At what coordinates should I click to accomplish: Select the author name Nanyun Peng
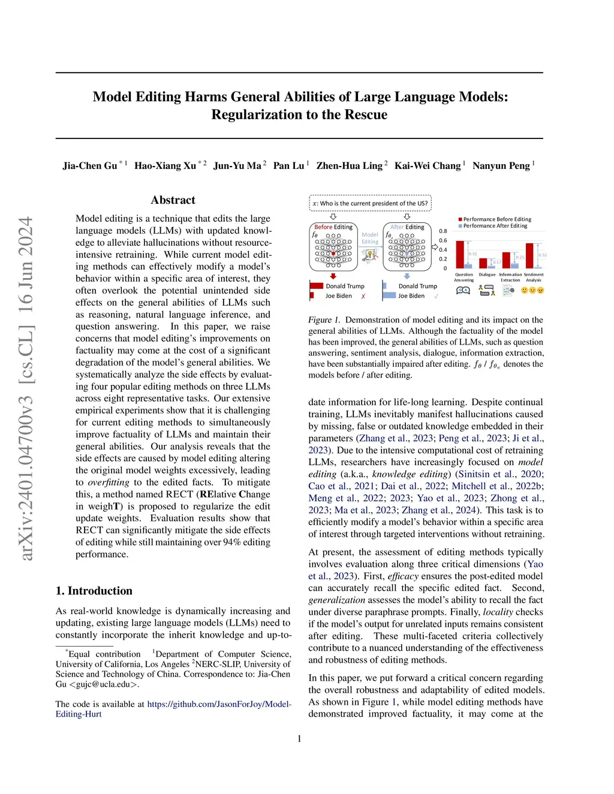pyautogui.click(x=501, y=165)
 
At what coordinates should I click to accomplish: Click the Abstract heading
pyautogui.click(x=173, y=200)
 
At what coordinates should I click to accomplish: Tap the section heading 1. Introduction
pyautogui.click(x=94, y=591)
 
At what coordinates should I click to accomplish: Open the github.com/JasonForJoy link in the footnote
pyautogui.click(x=219, y=704)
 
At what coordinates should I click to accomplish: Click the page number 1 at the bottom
pyautogui.click(x=299, y=739)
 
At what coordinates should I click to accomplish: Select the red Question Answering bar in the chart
pyautogui.click(x=460, y=254)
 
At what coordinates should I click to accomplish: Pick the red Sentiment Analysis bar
pyautogui.click(x=529, y=255)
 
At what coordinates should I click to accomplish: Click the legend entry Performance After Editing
pyautogui.click(x=495, y=226)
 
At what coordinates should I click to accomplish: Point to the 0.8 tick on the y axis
pyautogui.click(x=443, y=231)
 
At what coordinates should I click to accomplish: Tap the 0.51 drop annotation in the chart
pyautogui.click(x=473, y=254)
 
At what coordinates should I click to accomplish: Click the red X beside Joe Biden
pyautogui.click(x=363, y=297)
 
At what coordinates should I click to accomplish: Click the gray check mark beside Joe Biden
pyautogui.click(x=436, y=296)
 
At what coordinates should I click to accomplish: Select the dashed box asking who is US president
pyautogui.click(x=370, y=203)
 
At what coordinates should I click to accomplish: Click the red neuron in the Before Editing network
pyautogui.click(x=334, y=254)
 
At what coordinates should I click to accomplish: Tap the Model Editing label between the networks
pyautogui.click(x=370, y=238)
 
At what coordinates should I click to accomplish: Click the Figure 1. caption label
pyautogui.click(x=324, y=320)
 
